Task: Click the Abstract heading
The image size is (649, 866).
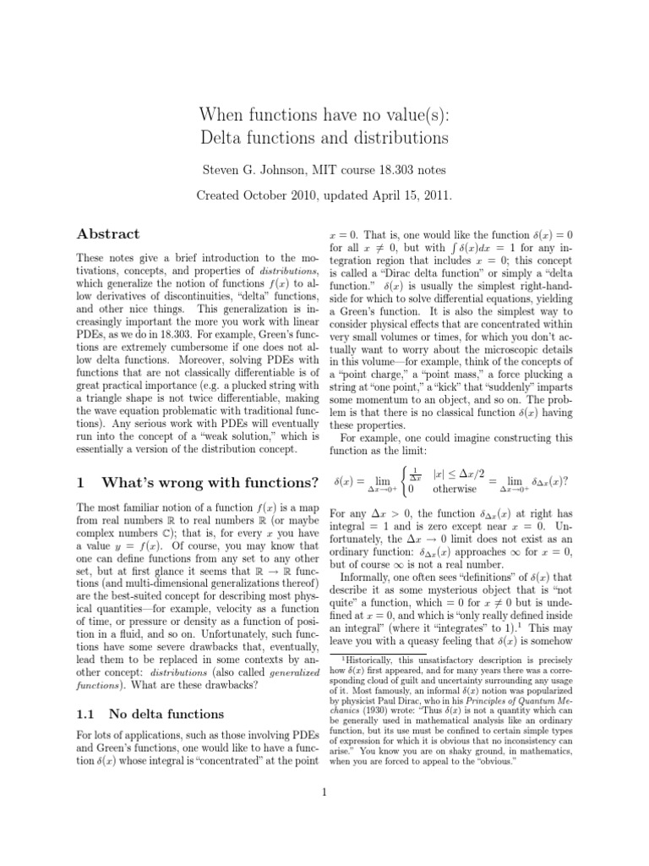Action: tap(107, 234)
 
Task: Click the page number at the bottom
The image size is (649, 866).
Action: tap(324, 792)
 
